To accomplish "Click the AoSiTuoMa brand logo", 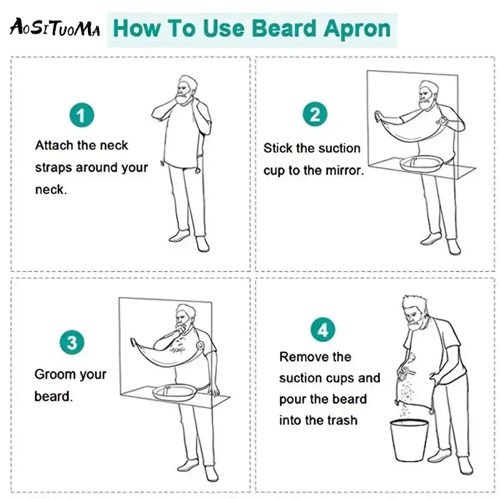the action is (55, 27).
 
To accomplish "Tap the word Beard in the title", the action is (284, 28).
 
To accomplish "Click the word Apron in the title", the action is (357, 29).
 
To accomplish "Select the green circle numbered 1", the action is (82, 115).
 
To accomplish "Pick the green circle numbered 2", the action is (315, 114).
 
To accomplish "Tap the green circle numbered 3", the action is (72, 342).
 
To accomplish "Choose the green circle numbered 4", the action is (322, 329).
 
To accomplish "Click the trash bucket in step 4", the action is (410, 440).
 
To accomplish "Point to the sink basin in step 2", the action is (420, 163).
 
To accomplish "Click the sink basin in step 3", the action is (175, 392).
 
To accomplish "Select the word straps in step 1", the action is (53, 168).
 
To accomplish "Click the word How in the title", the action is (137, 28).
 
